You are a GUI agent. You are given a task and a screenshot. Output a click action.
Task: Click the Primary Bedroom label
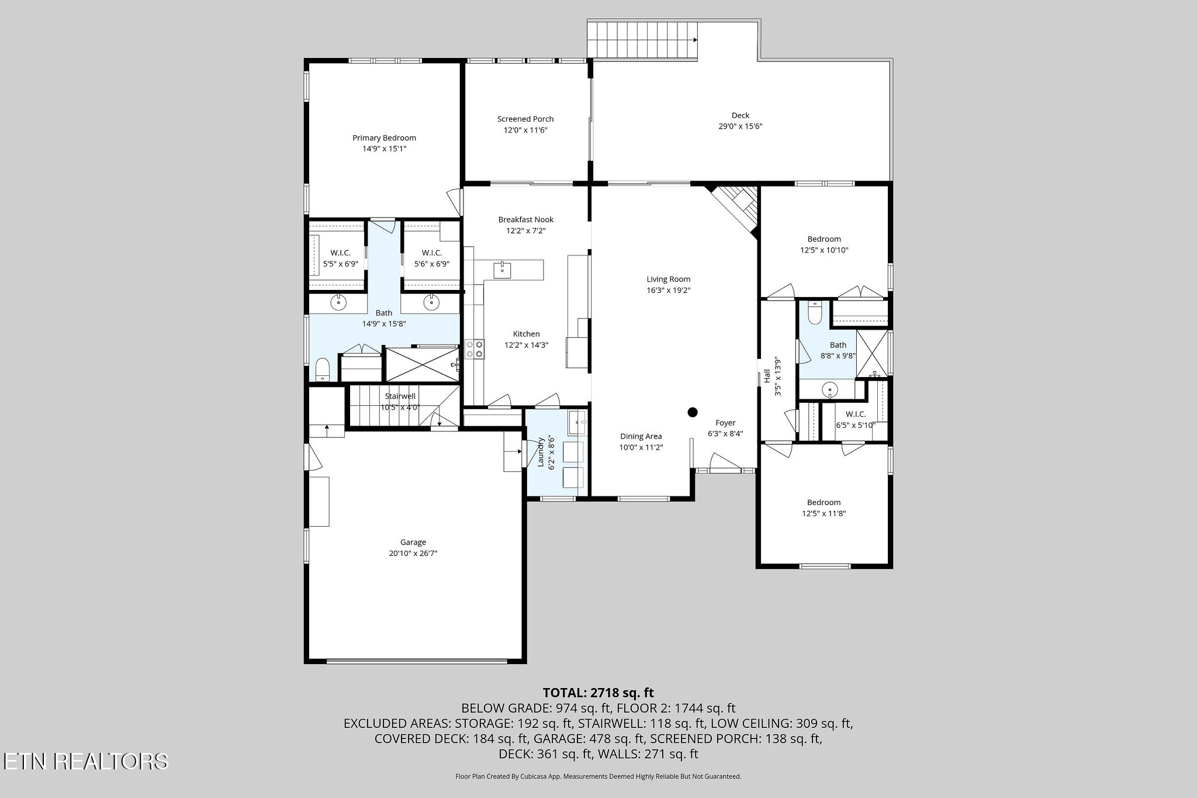click(x=384, y=138)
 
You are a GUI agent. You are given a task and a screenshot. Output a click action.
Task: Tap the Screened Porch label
click(x=525, y=119)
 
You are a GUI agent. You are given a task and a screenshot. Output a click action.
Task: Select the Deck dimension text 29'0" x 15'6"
click(x=741, y=126)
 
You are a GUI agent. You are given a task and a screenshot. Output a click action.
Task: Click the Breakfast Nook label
click(x=525, y=220)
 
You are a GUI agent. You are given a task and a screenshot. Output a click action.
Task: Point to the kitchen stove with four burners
click(x=475, y=349)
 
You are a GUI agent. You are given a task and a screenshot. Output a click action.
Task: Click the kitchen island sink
click(x=503, y=270)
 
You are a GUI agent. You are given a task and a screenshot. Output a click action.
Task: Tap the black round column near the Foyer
click(x=693, y=412)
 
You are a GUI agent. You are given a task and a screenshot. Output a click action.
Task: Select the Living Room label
click(x=668, y=279)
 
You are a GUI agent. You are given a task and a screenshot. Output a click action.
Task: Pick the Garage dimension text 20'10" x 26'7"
click(x=413, y=553)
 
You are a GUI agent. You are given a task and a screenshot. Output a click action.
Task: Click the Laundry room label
click(x=541, y=452)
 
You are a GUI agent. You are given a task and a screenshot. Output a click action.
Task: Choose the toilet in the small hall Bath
click(x=815, y=313)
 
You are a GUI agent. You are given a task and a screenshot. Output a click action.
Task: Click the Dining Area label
click(x=641, y=436)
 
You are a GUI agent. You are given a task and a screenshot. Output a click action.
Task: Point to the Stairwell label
click(x=400, y=396)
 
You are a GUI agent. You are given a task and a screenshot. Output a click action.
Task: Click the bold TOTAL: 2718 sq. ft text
click(x=598, y=693)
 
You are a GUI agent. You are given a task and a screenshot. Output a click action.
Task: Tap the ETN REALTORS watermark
click(x=85, y=761)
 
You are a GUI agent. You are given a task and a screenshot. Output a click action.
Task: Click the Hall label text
click(x=767, y=376)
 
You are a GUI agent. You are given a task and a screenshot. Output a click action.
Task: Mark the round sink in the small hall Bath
click(x=829, y=389)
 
